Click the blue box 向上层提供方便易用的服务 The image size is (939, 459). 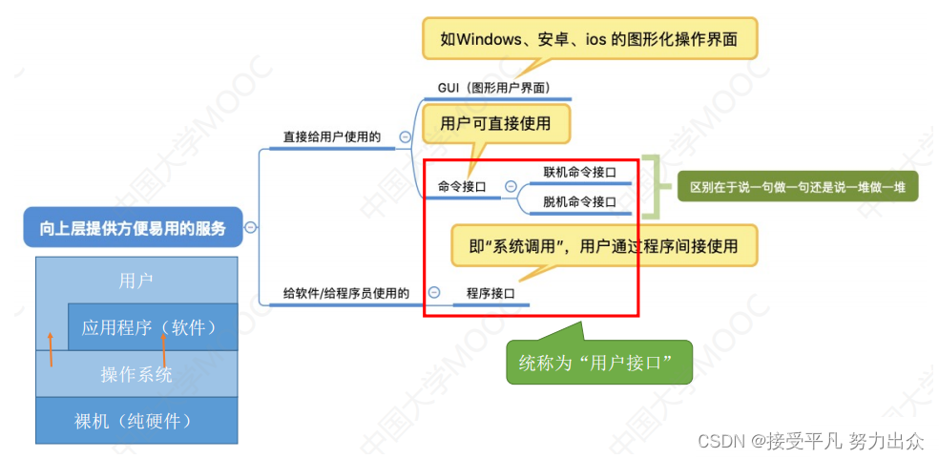(x=133, y=227)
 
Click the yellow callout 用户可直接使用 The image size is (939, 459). (x=494, y=123)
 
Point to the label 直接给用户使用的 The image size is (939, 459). (x=331, y=137)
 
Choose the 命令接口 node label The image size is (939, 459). (x=462, y=187)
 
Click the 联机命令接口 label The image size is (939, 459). (x=579, y=173)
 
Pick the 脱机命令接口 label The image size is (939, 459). (x=579, y=201)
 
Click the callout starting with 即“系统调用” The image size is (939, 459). (x=604, y=246)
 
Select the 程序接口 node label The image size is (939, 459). (x=490, y=294)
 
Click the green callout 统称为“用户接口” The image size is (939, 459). (x=597, y=363)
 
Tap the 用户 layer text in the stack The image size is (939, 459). (x=136, y=281)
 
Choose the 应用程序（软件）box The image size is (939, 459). (x=152, y=327)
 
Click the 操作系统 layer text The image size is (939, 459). (x=136, y=375)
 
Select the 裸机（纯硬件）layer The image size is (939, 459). (x=136, y=420)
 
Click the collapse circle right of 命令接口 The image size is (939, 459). (x=511, y=187)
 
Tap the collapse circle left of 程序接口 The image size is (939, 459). (x=434, y=293)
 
